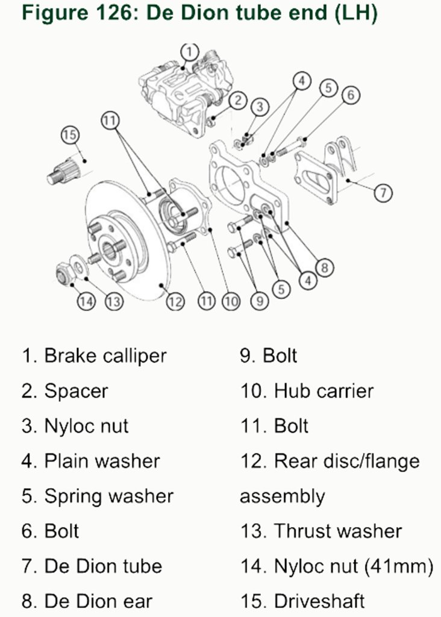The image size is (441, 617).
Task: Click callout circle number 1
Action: [x=189, y=51]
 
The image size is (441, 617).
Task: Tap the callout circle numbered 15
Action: [x=70, y=135]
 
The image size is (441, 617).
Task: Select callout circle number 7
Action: [x=383, y=193]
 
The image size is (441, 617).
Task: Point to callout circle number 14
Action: [x=87, y=301]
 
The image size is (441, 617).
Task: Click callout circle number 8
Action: [x=324, y=267]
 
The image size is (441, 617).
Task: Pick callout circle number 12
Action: [x=175, y=301]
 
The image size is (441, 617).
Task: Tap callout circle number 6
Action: [x=351, y=95]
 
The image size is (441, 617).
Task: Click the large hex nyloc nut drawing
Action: [x=65, y=274]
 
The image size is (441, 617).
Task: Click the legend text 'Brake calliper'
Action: [x=105, y=355]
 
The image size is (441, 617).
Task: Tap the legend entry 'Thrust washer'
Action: [x=337, y=531]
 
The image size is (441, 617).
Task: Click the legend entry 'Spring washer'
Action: [x=108, y=496]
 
